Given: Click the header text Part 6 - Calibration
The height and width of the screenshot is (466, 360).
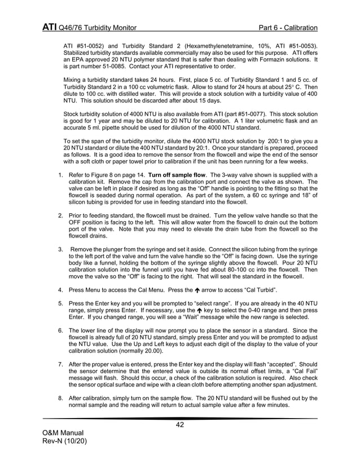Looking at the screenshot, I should click(x=288, y=28).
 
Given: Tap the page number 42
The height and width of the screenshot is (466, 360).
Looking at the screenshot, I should click(x=180, y=425).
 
